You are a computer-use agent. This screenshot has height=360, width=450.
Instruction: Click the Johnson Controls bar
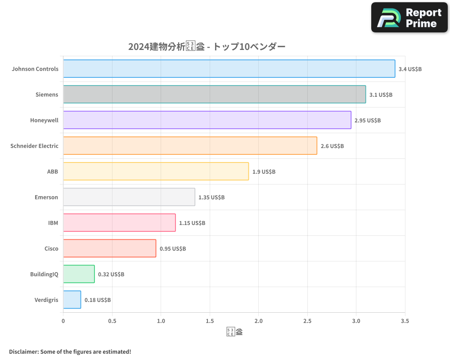[229, 69]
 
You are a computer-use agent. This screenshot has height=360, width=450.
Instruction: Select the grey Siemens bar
[214, 94]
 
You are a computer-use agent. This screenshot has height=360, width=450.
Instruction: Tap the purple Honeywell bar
[207, 120]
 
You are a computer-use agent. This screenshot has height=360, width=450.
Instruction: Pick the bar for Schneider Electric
[190, 146]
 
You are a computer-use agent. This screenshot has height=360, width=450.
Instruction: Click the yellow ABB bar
[156, 171]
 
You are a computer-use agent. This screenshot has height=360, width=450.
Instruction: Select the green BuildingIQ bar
[79, 274]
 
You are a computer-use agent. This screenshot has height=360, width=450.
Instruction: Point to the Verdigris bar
[72, 300]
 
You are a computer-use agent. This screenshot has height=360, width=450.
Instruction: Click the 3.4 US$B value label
[410, 69]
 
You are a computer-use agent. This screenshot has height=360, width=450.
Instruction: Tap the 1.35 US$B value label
[211, 198]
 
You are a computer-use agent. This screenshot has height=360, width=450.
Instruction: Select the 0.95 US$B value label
[173, 249]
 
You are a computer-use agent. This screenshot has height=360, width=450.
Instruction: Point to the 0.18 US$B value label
[98, 300]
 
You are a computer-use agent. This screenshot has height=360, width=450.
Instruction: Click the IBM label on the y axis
[53, 223]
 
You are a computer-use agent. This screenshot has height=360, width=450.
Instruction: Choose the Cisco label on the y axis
[51, 248]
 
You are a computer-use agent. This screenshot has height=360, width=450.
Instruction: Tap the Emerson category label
[46, 197]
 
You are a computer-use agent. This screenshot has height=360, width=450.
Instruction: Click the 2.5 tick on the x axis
[307, 321]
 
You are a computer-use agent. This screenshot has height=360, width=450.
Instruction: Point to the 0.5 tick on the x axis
[112, 321]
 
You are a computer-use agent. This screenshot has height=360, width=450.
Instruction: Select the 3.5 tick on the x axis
[404, 321]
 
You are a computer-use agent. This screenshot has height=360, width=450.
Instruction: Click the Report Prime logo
[409, 18]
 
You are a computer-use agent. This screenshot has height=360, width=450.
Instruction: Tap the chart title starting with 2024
[207, 46]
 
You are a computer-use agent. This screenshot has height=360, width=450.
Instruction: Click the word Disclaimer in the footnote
[23, 351]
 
